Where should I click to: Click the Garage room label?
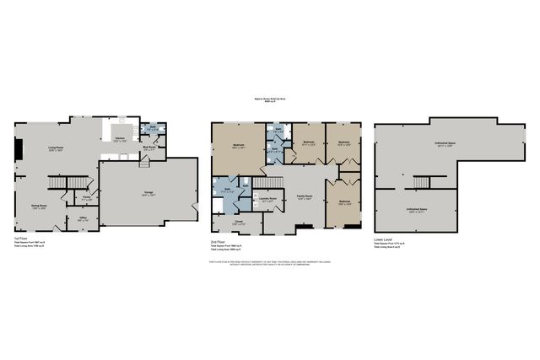pos(148,193)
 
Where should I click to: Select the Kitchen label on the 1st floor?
pos(120,138)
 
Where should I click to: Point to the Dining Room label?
pos(39,206)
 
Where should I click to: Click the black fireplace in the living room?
pos(16,150)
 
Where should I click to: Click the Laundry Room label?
pos(268,200)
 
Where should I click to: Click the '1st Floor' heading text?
pos(19,239)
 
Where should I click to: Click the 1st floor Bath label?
pos(152,129)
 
